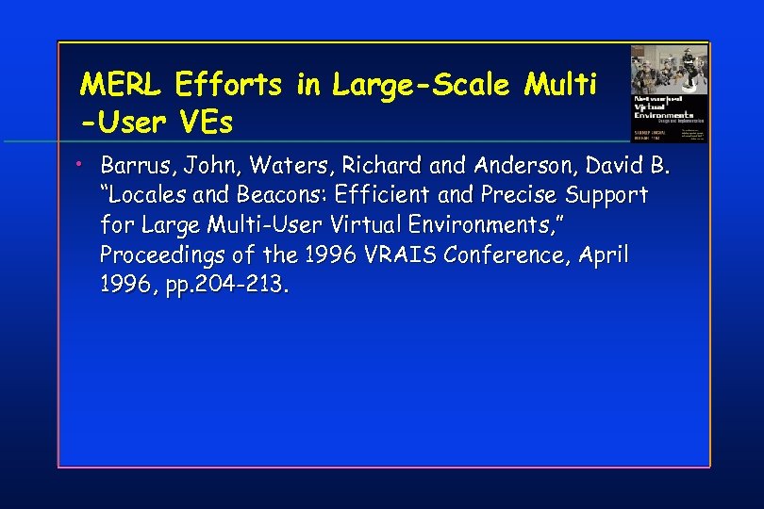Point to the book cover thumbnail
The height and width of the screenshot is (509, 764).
pyautogui.click(x=669, y=93)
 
